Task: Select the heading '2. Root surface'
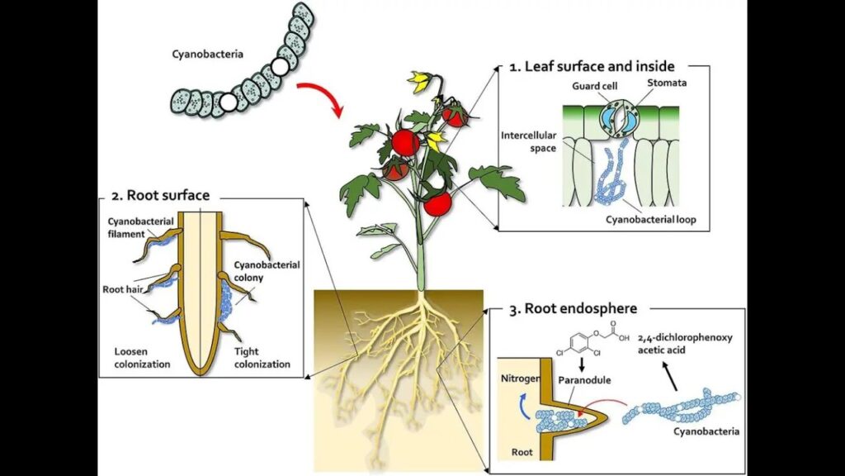pos(159,196)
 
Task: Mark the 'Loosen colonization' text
pos(142,357)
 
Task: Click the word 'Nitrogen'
pos(520,378)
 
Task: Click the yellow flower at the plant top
pos(420,81)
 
